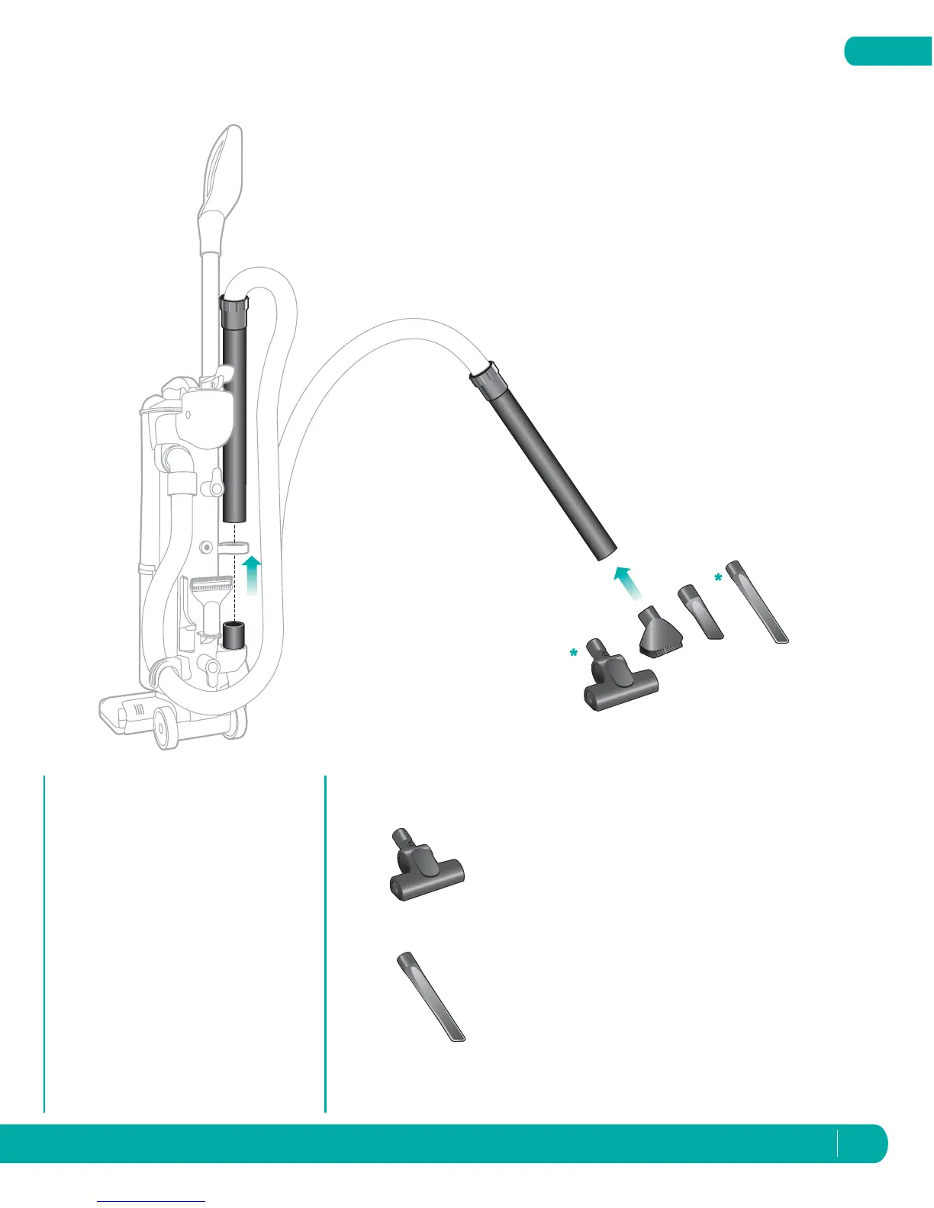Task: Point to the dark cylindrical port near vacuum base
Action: coord(233,633)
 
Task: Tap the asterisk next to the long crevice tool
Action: coord(718,579)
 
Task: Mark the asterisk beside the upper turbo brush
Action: coord(572,654)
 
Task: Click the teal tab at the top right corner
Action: coord(888,51)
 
